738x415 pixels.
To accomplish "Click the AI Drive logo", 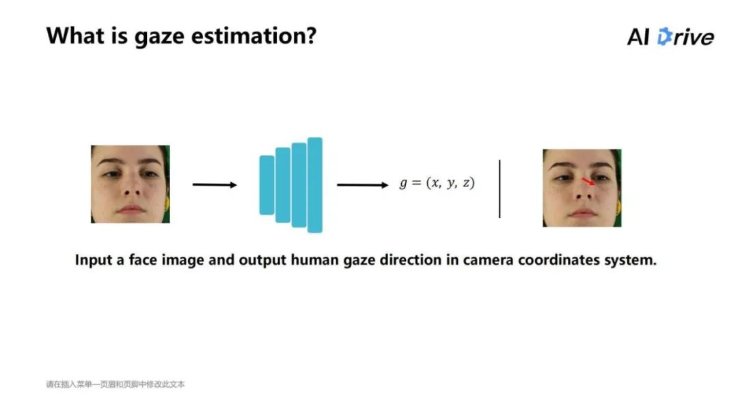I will [670, 37].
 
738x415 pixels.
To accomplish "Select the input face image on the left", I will [130, 184].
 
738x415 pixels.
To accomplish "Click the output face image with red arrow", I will [582, 188].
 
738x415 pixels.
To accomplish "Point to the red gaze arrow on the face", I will [588, 182].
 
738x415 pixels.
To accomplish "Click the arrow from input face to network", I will [215, 184].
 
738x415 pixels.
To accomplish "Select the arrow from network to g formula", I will [362, 184].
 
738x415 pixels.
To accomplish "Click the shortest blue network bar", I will [266, 185].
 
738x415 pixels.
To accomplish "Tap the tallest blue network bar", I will [314, 185].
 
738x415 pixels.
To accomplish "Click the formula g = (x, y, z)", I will [437, 184].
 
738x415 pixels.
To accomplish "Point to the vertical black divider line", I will [500, 188].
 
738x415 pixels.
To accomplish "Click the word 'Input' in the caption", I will [94, 261].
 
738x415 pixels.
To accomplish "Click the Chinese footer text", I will [115, 384].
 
